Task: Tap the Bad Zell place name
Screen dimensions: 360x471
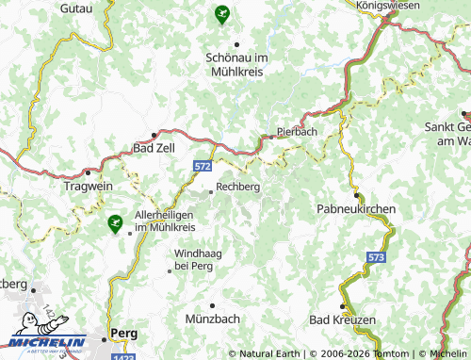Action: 154,148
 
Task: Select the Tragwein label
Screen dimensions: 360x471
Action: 88,186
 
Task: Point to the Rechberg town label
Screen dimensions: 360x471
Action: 237,188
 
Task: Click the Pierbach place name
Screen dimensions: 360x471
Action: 297,132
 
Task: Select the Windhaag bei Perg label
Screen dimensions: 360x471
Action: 199,260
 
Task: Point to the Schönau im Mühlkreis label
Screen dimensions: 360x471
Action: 237,62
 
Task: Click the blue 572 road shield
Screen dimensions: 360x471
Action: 203,166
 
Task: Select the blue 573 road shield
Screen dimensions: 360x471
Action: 377,256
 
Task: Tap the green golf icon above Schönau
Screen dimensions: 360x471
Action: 221,13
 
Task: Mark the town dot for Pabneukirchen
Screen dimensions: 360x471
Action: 356,195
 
